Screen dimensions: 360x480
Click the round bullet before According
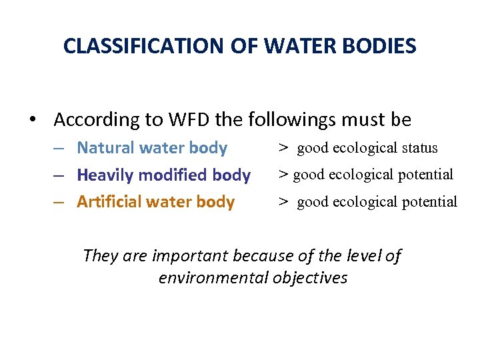point(33,121)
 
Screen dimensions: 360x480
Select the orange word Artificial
point(105,202)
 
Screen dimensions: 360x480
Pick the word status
point(416,148)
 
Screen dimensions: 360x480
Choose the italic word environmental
point(213,278)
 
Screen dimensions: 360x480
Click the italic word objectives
point(312,278)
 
